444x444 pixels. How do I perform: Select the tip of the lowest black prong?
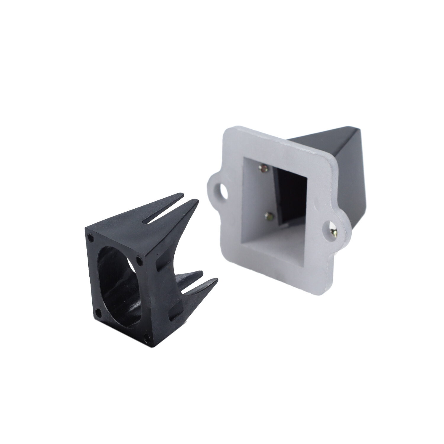coord(217,279)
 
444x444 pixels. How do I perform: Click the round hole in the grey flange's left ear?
coord(223,191)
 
